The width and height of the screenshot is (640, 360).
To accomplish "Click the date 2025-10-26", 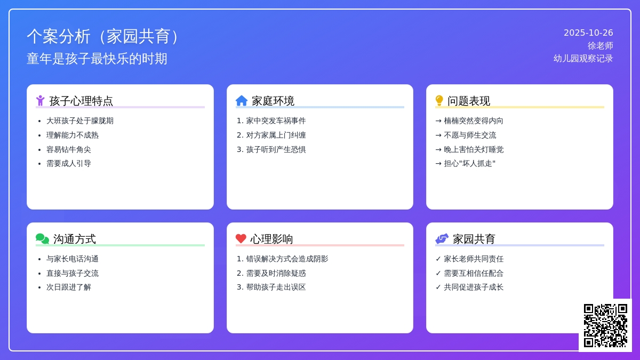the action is tap(588, 33).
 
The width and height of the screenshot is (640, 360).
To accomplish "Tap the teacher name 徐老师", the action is tap(601, 46).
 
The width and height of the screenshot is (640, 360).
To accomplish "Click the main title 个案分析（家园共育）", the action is tap(103, 36).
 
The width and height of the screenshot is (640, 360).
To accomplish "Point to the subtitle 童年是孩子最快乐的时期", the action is tap(97, 59).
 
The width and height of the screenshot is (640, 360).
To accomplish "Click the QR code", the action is tap(605, 325).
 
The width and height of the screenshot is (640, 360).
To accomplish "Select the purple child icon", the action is tap(41, 101).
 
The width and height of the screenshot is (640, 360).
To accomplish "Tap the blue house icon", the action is tap(242, 101).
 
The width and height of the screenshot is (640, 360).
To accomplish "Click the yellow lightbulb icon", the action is tap(439, 101).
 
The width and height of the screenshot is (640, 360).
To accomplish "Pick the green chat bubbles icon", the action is tap(42, 239).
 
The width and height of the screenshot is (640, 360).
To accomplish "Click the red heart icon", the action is tap(241, 238).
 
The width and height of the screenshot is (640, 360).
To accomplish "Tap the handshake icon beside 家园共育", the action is tap(442, 239).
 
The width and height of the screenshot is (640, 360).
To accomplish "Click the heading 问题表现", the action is tap(469, 101).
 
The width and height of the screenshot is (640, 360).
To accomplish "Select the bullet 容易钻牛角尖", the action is tap(69, 149).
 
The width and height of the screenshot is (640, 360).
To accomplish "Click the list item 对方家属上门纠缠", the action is tap(276, 135).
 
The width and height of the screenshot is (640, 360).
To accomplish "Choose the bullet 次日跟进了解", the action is tap(69, 287).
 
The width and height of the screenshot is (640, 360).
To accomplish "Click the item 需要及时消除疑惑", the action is tap(276, 273).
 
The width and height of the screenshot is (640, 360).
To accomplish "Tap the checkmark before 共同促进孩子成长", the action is tap(438, 287).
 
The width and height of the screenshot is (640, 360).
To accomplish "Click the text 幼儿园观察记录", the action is tap(583, 59).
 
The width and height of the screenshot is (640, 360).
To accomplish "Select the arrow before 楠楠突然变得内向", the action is tap(438, 121).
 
